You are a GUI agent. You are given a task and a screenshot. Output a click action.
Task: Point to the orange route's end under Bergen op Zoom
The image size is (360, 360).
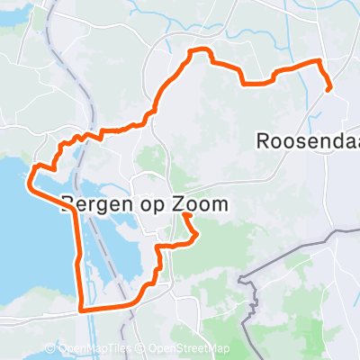point(184,215)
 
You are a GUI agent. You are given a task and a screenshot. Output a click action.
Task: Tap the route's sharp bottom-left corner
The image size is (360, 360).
point(83,309)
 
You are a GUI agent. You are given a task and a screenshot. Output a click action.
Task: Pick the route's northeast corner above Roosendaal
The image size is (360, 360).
point(319,61)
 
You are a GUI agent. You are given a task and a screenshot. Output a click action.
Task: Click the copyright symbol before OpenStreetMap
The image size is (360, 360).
point(142,349)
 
